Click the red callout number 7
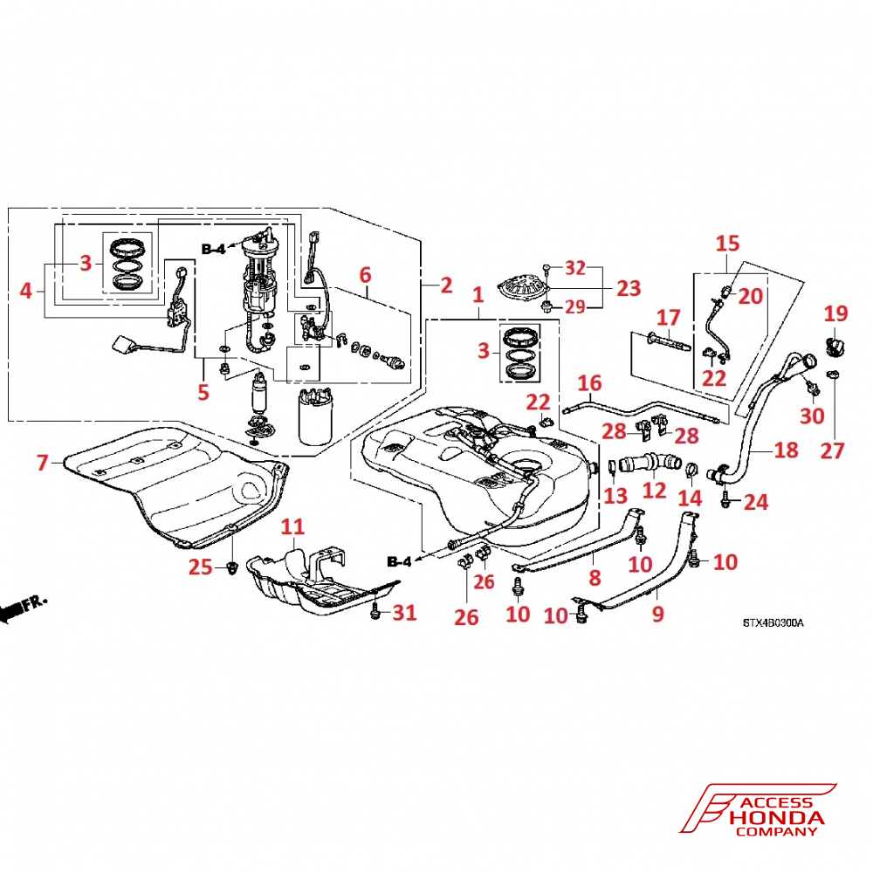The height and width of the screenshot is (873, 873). (x=43, y=463)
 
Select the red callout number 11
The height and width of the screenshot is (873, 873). (x=293, y=526)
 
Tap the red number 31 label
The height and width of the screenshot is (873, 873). (x=403, y=613)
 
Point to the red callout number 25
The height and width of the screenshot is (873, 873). (x=202, y=567)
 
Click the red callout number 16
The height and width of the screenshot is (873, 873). (x=590, y=382)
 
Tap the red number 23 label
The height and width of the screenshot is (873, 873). (x=628, y=287)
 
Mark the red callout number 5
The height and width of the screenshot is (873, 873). (x=203, y=393)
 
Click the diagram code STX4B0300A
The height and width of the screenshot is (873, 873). (x=773, y=623)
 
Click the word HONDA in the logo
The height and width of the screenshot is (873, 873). (x=775, y=818)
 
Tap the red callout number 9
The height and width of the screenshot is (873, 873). (x=657, y=615)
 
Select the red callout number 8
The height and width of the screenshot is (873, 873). (x=595, y=577)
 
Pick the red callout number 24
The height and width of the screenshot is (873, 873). (x=756, y=502)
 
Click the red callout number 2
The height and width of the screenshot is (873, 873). (x=445, y=285)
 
